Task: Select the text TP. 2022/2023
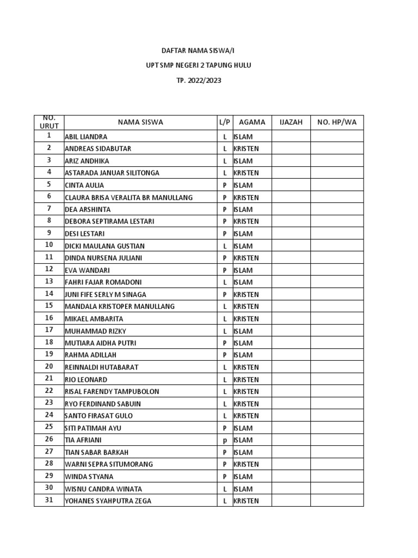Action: [198, 81]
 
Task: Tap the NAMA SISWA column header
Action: [140, 123]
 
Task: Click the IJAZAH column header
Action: [291, 123]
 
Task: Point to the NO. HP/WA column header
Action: [337, 123]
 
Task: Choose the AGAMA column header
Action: [252, 123]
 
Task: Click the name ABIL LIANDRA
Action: [86, 137]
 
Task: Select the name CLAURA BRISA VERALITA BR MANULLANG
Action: [128, 198]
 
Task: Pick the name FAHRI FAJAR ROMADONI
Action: [103, 282]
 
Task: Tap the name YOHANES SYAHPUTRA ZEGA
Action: [108, 501]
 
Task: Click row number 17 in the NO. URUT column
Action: [49, 330]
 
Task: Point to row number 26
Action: [49, 440]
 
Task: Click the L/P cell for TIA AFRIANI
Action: [225, 440]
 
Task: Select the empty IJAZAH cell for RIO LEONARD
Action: [291, 380]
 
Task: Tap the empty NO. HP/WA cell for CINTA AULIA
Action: [337, 185]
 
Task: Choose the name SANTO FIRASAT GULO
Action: [99, 416]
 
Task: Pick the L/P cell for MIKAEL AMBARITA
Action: [225, 319]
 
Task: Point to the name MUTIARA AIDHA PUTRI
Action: [100, 343]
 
